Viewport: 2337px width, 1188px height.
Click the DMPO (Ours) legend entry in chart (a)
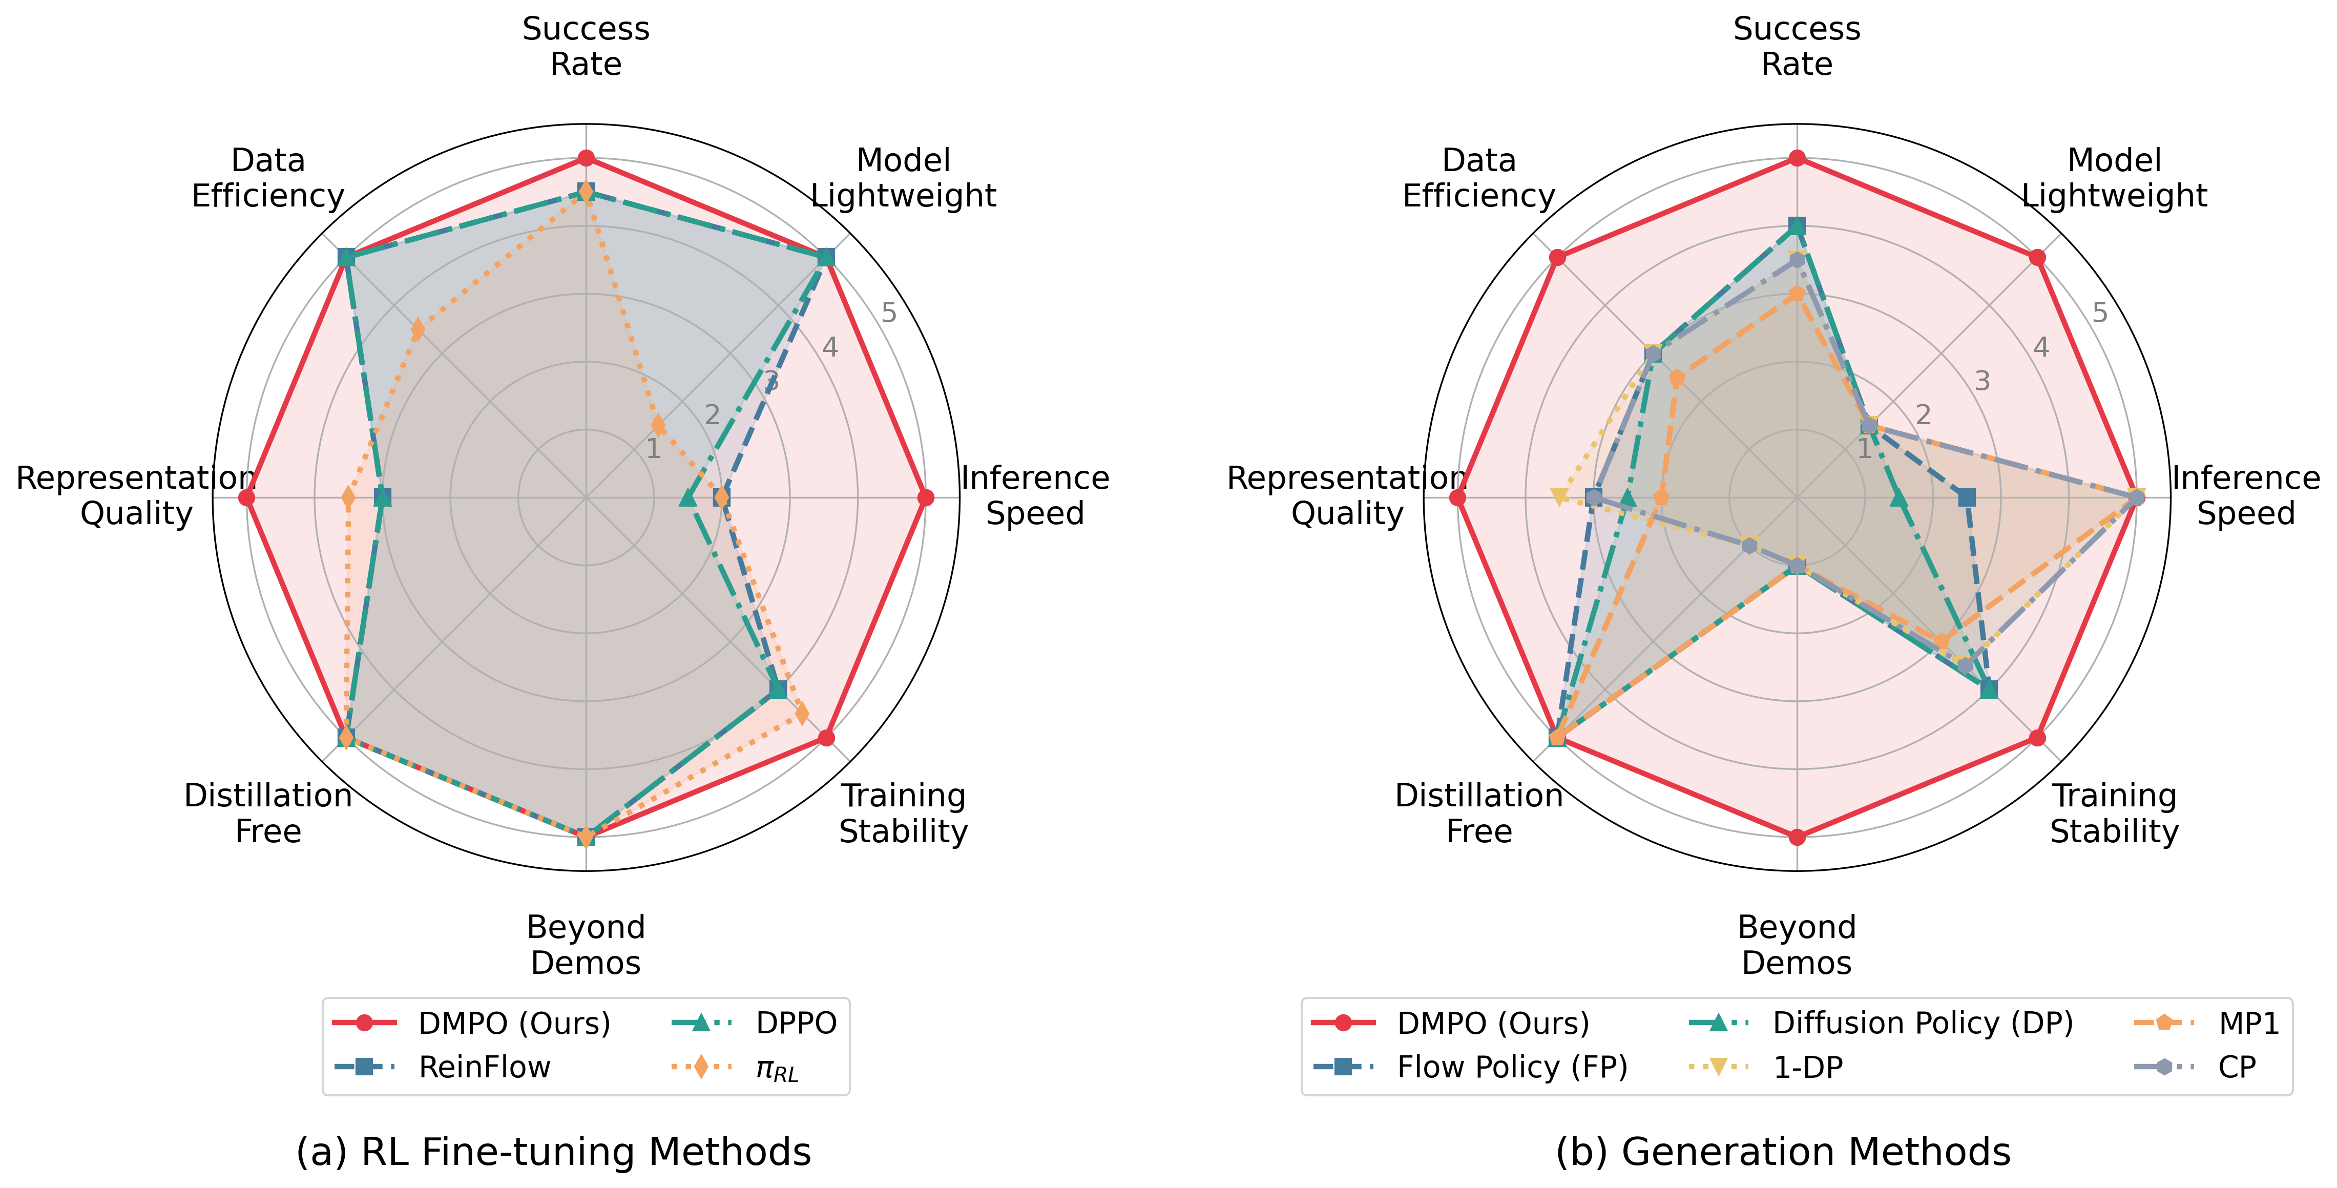513,1023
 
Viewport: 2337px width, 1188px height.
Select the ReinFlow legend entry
484,1067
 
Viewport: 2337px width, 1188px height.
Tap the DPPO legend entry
796,1023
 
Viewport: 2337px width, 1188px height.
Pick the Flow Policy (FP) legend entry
1511,1067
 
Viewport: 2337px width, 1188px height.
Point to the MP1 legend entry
2248,1023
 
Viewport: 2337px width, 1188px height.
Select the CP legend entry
2236,1067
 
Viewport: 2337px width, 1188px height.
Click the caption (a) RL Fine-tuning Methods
553,1152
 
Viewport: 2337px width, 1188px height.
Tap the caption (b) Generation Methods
1783,1152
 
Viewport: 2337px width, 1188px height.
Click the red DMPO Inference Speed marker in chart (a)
925,497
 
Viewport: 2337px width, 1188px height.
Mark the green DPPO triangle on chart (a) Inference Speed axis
687,497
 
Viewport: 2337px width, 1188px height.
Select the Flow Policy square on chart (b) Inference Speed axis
1966,497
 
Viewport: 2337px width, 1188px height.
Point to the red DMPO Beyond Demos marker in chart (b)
1797,837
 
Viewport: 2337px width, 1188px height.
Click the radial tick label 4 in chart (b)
2040,347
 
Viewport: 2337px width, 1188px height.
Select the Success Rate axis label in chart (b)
1797,46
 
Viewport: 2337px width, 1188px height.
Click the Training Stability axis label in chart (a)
903,813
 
